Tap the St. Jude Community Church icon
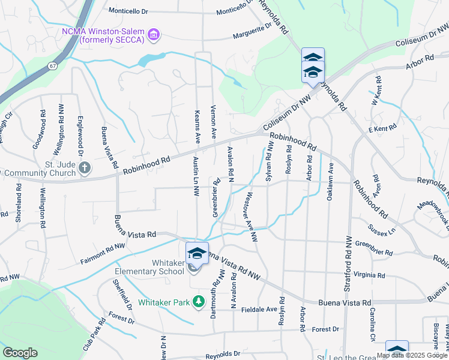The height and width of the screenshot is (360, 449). coord(85,167)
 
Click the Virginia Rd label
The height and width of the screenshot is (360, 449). coord(369,275)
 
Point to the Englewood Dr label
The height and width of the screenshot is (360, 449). coord(80,127)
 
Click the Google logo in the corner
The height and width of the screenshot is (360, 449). coord(20,353)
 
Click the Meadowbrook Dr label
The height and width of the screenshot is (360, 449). coord(433,214)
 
